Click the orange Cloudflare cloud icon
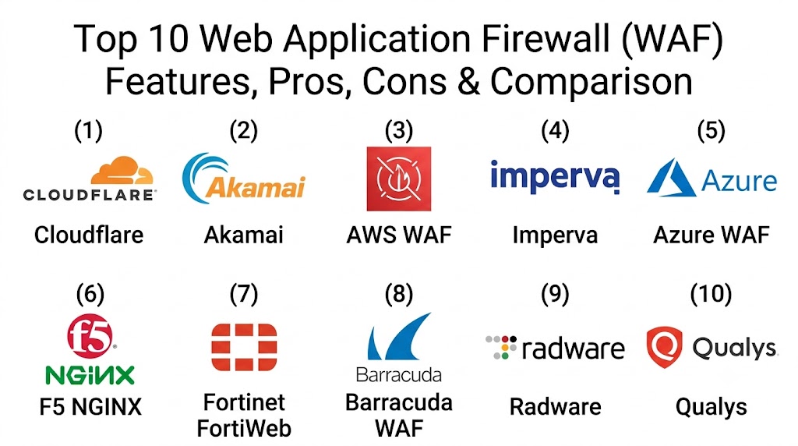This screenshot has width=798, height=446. click(122, 170)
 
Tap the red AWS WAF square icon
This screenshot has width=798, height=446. click(399, 179)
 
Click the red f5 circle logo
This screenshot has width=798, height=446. click(90, 336)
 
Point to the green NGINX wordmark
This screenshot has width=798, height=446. click(90, 375)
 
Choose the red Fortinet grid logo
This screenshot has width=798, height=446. click(244, 347)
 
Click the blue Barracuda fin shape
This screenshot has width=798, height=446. click(399, 337)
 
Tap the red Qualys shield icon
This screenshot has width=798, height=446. click(664, 347)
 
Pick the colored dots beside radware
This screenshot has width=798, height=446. click(501, 347)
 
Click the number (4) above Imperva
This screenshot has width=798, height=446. click(555, 130)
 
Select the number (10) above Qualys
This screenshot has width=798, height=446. click(711, 294)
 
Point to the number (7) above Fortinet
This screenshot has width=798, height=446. click(244, 294)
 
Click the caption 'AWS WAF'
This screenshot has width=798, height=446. click(399, 235)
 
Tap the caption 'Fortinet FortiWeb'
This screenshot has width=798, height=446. click(244, 416)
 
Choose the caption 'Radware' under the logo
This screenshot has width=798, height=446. click(555, 407)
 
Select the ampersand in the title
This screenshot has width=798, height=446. click(468, 82)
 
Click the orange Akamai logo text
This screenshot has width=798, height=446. click(256, 187)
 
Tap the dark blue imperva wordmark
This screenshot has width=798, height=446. click(555, 177)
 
